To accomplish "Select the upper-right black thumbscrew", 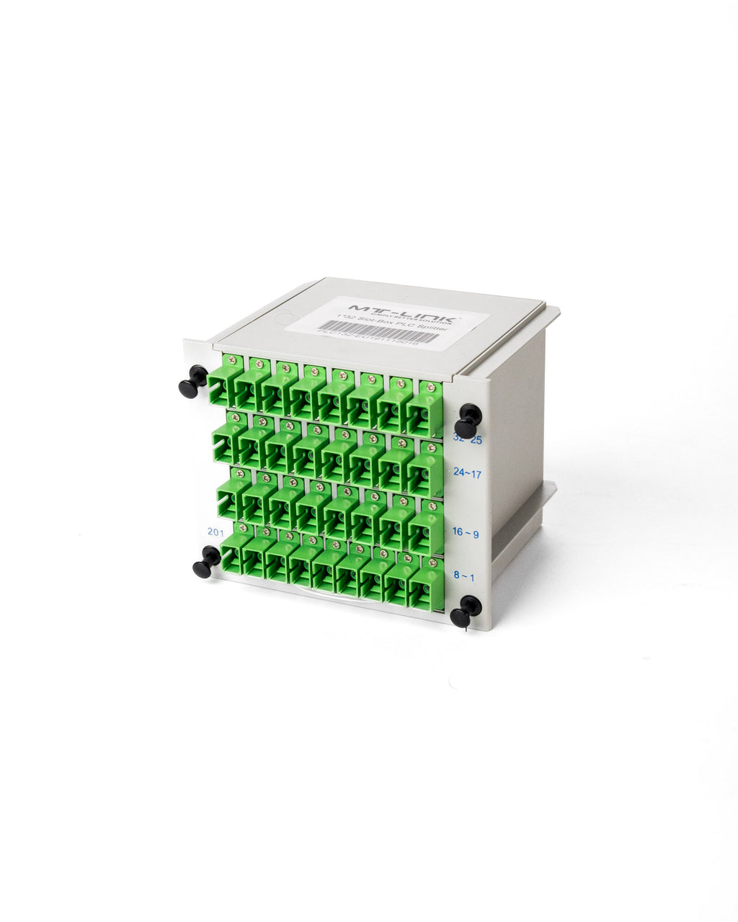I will click(469, 419).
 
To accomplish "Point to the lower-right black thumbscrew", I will click(465, 612).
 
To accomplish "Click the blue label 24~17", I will click(467, 473).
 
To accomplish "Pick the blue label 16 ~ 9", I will click(466, 532).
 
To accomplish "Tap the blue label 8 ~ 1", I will click(465, 576).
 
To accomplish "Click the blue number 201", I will click(215, 532).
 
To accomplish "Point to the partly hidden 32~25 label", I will click(467, 439).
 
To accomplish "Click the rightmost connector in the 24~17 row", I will click(426, 467).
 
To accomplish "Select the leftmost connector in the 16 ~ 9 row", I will click(230, 497).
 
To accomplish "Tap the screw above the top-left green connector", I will click(231, 359).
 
